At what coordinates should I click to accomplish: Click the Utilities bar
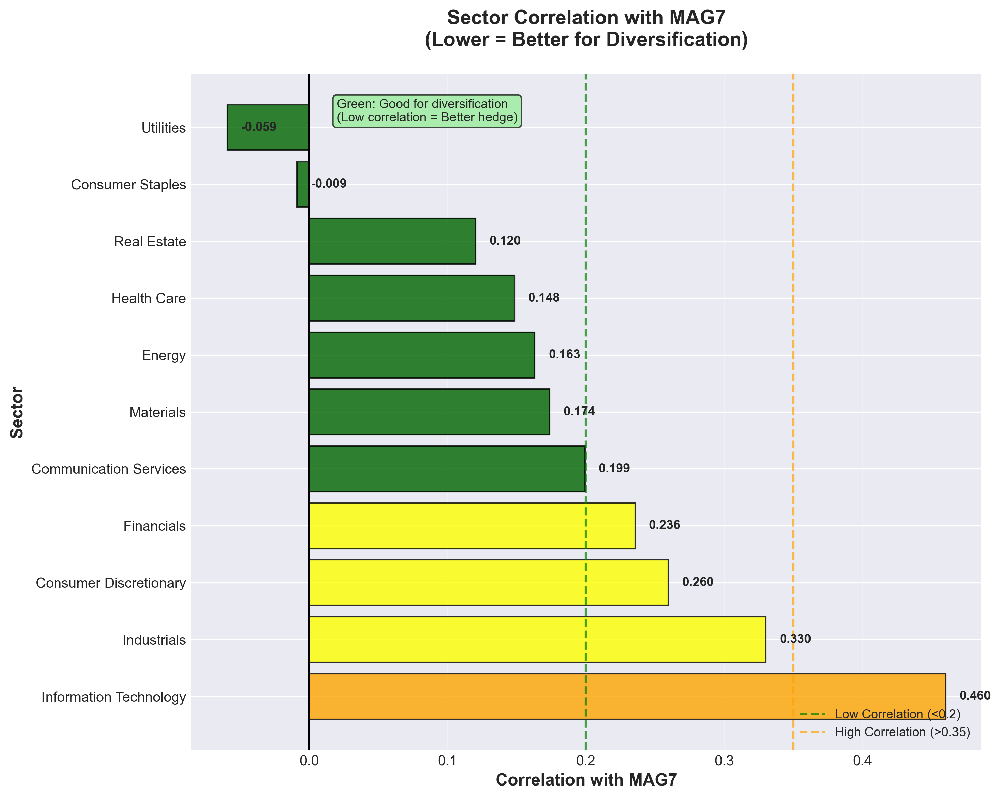(x=268, y=127)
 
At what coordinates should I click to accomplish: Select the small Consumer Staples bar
(x=303, y=184)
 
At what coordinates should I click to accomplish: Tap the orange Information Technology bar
(x=627, y=696)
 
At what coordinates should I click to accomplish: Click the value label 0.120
(x=505, y=241)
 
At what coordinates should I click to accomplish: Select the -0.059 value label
(x=259, y=127)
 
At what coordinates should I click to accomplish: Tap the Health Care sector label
(x=149, y=298)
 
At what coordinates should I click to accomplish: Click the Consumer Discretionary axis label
(x=111, y=583)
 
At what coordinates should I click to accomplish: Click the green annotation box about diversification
(x=427, y=111)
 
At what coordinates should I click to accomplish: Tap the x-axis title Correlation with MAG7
(x=586, y=780)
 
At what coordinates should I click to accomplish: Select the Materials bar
(x=429, y=412)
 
